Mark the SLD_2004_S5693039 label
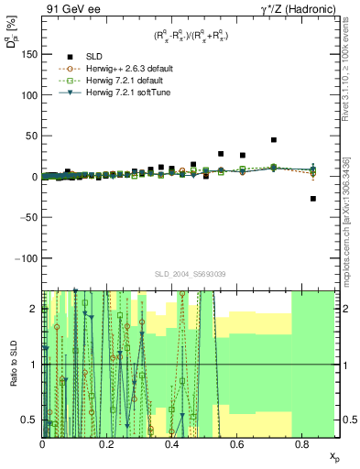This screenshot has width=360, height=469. pos(191,274)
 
